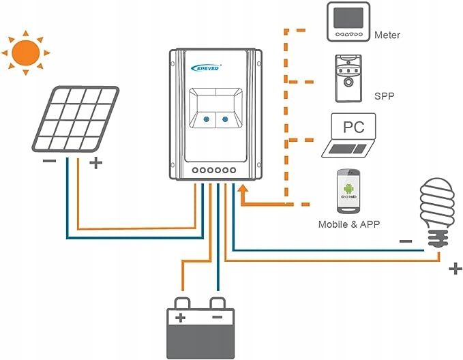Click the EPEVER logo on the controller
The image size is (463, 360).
[x=205, y=66]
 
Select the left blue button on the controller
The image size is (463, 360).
[x=205, y=120]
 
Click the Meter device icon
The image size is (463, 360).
[x=347, y=24]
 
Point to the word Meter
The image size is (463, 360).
[x=387, y=35]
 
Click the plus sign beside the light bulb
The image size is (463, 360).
[x=455, y=269]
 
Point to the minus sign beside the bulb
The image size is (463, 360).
[x=405, y=240]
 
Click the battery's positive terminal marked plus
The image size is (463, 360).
[x=181, y=318]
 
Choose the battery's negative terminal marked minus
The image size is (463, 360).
[x=218, y=318]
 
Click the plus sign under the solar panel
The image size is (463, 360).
[x=95, y=163]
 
